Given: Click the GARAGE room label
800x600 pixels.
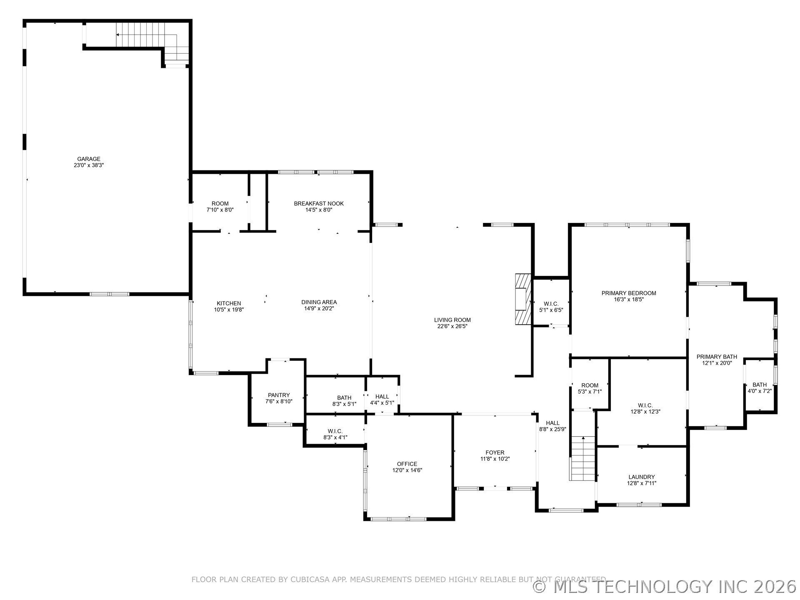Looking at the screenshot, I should [x=88, y=159].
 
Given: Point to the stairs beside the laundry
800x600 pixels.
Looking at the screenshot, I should [x=582, y=458].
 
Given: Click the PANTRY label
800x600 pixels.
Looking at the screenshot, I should [x=279, y=395].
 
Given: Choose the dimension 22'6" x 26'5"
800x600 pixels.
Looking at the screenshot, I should [x=452, y=327].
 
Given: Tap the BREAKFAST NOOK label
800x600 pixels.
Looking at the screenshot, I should [x=319, y=203].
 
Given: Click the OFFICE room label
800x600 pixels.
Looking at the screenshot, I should [x=407, y=464].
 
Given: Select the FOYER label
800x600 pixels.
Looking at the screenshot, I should [x=495, y=452].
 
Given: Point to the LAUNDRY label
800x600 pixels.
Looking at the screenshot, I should [x=641, y=477].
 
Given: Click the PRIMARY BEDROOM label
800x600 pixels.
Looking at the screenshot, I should [x=628, y=293].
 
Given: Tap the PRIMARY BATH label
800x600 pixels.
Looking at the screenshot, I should [x=717, y=357].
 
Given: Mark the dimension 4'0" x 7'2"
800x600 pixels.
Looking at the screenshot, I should [x=759, y=391].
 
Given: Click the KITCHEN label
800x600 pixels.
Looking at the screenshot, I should [x=229, y=303].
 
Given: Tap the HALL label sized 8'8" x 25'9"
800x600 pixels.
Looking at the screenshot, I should [x=552, y=423].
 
